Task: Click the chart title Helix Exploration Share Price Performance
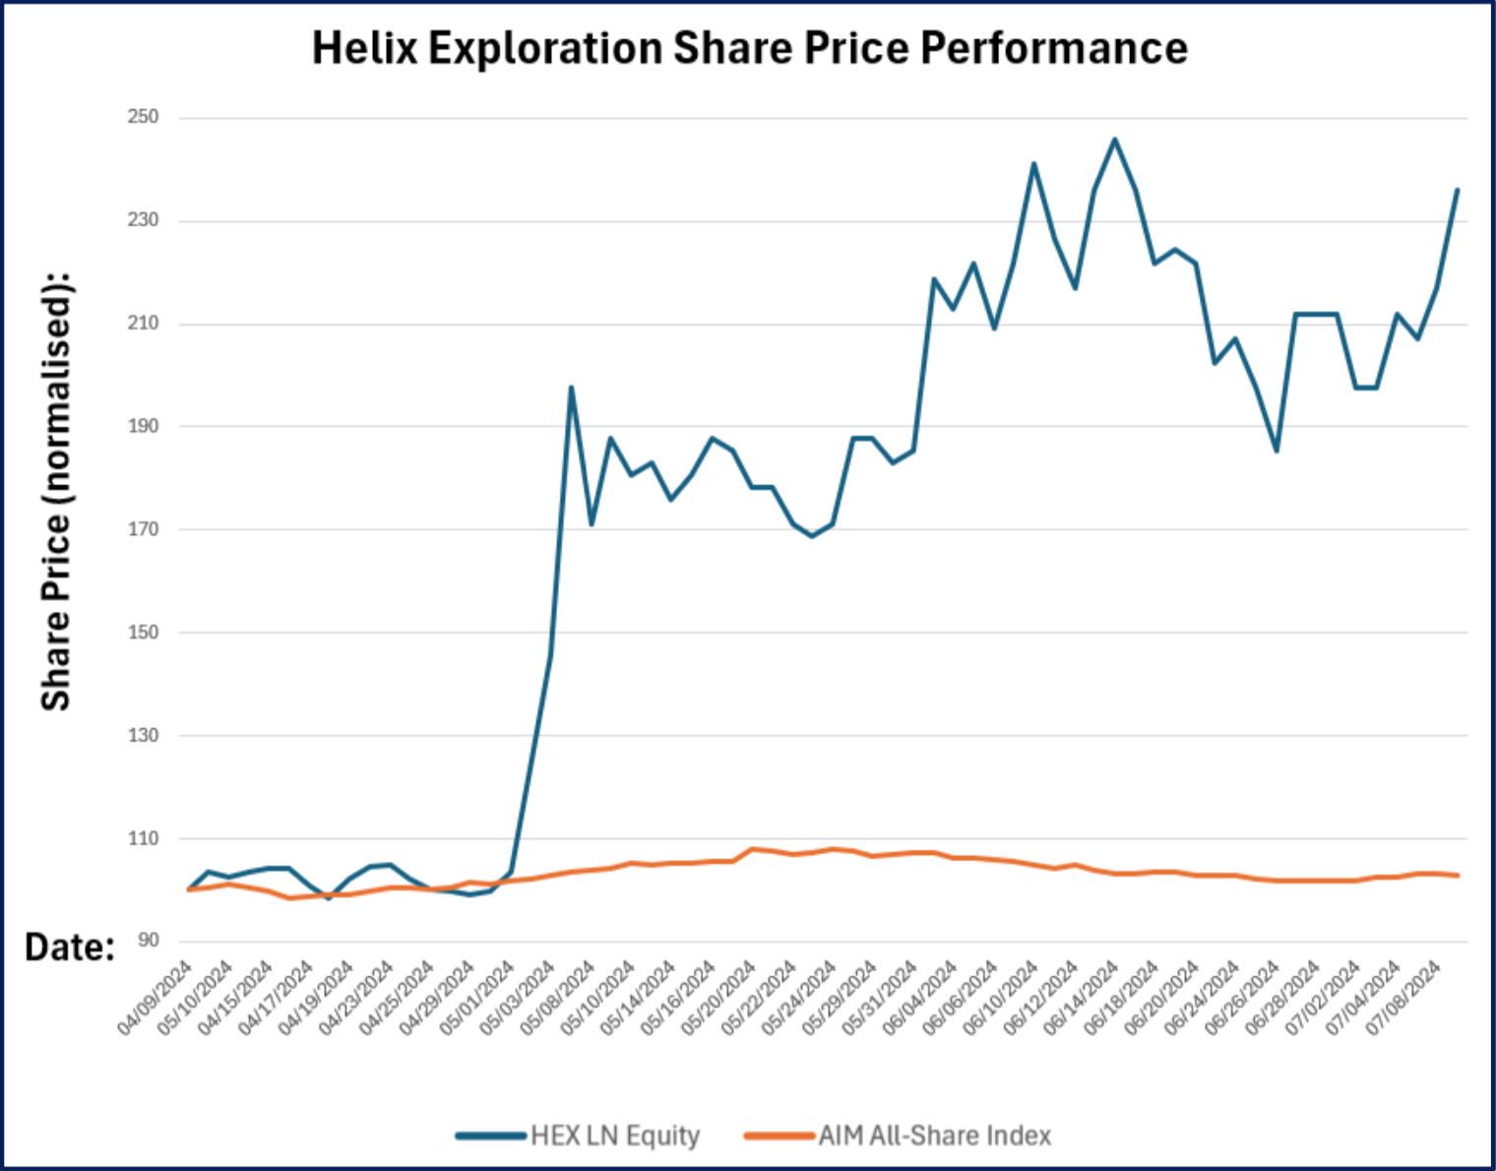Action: point(749,48)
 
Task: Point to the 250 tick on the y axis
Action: point(143,117)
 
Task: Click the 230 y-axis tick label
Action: point(143,220)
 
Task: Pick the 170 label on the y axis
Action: point(143,529)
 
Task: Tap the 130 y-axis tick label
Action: point(143,735)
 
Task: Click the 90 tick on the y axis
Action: point(148,941)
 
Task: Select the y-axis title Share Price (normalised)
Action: point(56,490)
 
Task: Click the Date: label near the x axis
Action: point(70,947)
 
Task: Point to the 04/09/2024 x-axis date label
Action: point(156,998)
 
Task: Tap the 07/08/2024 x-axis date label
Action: point(1405,998)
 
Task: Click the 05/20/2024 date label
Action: point(720,998)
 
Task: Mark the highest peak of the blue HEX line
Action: point(1114,139)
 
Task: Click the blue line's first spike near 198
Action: point(571,388)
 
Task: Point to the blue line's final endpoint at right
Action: point(1458,190)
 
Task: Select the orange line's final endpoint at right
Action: point(1458,875)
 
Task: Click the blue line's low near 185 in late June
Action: point(1277,451)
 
